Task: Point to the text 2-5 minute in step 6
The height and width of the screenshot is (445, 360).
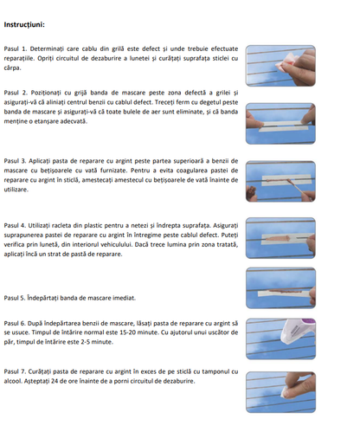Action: click(x=95, y=341)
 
